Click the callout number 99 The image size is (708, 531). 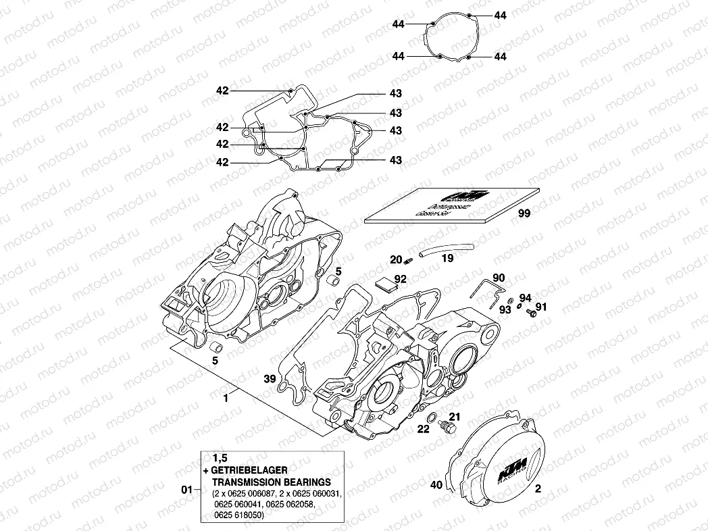pos(524,213)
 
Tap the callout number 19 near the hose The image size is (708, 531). pos(447,257)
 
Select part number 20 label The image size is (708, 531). pos(395,260)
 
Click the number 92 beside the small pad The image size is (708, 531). pos(401,278)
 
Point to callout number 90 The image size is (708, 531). pos(499,278)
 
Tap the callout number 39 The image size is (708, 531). pos(270,380)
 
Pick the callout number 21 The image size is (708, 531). pos(454,417)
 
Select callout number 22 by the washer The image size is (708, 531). pos(424,429)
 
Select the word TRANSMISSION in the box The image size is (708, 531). pos(247,482)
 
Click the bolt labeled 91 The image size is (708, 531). pos(531,314)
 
